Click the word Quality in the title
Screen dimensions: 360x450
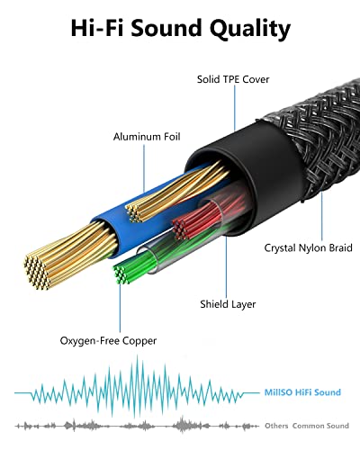250,29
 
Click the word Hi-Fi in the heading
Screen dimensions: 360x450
97,28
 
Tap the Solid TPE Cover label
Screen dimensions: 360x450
233,79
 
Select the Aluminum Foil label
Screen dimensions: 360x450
147,137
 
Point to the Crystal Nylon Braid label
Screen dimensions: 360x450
309,248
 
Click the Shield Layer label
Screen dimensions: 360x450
228,304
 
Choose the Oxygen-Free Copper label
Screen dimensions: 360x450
108,341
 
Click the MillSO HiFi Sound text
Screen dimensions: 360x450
302,392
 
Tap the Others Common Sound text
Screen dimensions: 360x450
307,426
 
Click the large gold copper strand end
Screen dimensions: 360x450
37,273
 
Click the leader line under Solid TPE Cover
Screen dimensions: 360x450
235,108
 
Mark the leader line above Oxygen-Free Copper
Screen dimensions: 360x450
120,309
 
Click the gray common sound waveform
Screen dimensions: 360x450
137,426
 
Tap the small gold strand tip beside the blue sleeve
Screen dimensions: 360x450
134,212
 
